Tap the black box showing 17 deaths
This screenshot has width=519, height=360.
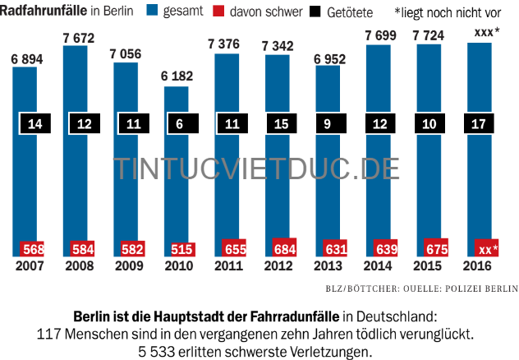click(x=478, y=125)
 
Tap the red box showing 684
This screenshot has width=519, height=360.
click(x=285, y=248)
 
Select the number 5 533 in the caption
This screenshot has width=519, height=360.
click(x=157, y=351)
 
